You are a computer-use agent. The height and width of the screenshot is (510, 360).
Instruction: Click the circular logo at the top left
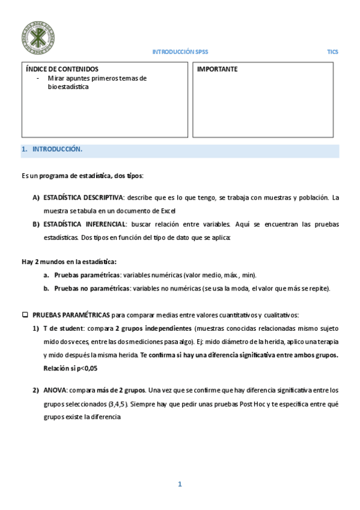37,36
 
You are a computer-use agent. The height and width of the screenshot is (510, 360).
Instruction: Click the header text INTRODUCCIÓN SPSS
180,52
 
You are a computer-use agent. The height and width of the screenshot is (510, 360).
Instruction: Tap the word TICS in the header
332,52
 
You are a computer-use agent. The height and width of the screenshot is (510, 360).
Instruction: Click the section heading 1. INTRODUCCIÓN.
52,149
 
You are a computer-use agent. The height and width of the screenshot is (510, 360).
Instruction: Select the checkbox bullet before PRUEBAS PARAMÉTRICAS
25,315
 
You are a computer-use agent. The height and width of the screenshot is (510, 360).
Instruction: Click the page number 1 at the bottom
179,484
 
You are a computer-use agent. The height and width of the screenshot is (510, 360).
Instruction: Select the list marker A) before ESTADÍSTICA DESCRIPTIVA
36,197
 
